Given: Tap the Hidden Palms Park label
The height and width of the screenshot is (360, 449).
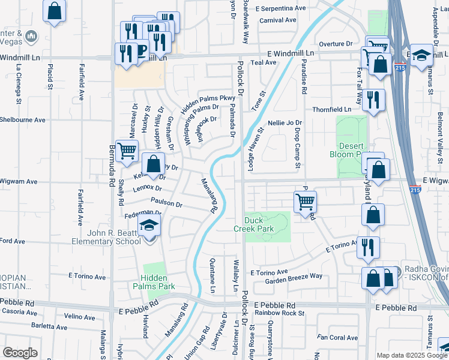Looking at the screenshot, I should point(158,282).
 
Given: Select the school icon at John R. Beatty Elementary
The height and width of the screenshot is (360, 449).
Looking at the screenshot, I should point(148,227).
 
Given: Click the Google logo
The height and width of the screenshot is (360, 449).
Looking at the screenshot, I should point(20,353).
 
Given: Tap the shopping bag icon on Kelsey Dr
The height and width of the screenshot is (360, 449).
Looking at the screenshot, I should point(154,164).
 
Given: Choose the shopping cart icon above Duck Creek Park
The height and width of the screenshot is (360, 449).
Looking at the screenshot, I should point(306,202).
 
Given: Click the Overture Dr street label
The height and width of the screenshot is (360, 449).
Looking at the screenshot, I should point(336,44).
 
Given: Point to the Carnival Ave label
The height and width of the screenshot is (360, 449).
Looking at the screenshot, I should point(278,20).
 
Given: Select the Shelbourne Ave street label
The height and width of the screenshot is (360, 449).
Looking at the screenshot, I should point(23,119).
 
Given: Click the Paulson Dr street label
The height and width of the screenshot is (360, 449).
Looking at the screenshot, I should point(166,203).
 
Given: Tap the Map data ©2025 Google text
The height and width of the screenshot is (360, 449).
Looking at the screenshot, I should point(411,355).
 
